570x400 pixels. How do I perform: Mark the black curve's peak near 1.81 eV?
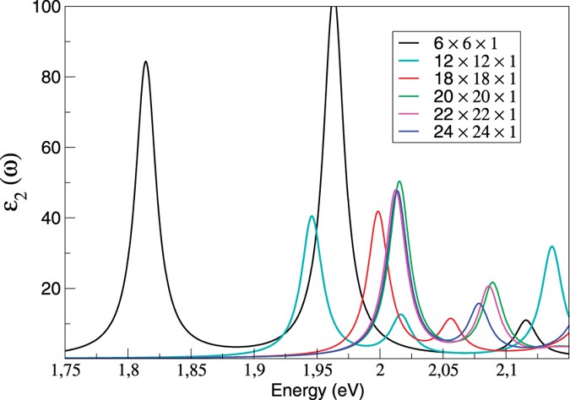[146, 62]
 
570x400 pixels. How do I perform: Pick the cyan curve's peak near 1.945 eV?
[312, 217]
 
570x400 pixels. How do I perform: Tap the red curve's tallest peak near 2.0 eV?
[378, 212]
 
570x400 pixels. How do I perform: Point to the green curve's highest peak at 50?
[399, 181]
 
